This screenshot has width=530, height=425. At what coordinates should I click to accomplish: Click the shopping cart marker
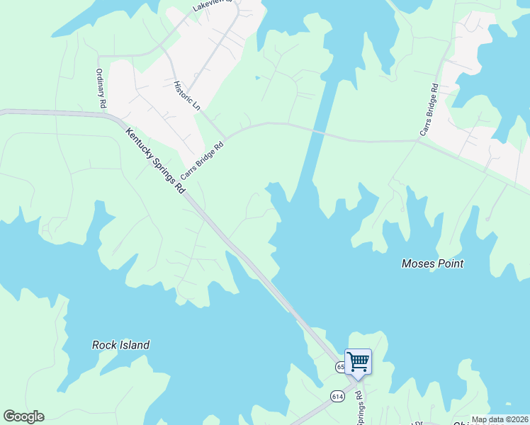[358, 361]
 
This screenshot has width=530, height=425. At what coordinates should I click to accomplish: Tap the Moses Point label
[432, 263]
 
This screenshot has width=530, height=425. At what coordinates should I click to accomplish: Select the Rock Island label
[120, 345]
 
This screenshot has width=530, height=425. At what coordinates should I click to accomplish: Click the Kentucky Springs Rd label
[155, 161]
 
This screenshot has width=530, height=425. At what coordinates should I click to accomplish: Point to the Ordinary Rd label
[101, 89]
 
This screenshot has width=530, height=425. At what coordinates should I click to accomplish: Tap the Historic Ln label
[187, 95]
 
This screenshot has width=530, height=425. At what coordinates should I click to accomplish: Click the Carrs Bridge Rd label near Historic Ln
[202, 161]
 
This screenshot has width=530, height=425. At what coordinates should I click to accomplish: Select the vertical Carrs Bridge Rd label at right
[429, 110]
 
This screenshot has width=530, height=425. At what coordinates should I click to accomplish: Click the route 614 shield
[337, 397]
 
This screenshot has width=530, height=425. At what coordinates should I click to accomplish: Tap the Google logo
[23, 416]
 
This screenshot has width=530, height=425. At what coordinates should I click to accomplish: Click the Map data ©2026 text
[500, 419]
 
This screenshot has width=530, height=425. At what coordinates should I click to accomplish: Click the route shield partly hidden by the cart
[340, 367]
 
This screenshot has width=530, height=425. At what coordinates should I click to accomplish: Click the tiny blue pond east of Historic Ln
[257, 77]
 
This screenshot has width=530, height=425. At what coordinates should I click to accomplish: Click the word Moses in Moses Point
[417, 263]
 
